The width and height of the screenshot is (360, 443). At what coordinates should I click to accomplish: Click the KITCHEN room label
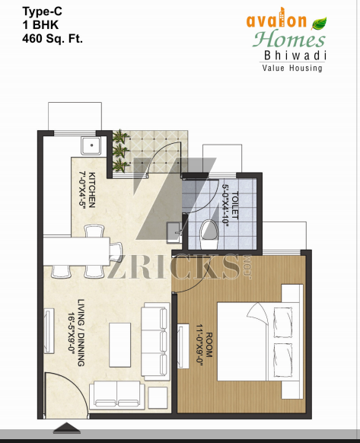pyautogui.click(x=92, y=190)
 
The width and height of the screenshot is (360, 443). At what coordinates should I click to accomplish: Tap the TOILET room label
pyautogui.click(x=234, y=206)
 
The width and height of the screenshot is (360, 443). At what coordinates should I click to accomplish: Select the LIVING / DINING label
pyautogui.click(x=81, y=333)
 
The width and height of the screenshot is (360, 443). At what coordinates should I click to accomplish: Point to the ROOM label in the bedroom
pyautogui.click(x=209, y=345)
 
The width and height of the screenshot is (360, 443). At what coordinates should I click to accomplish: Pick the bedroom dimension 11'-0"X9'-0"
pyautogui.click(x=199, y=345)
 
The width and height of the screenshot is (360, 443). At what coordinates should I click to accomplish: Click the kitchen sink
pyautogui.click(x=91, y=146)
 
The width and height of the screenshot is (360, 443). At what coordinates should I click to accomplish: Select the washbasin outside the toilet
pyautogui.click(x=174, y=232)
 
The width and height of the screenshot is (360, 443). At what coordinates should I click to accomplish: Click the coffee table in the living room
pyautogui.click(x=120, y=345)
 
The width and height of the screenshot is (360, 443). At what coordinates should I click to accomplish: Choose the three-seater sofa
pyautogui.click(x=156, y=342)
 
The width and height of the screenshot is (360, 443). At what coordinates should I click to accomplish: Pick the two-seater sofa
pyautogui.click(x=117, y=395)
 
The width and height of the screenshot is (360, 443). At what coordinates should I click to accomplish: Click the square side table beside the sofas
pyautogui.click(x=158, y=397)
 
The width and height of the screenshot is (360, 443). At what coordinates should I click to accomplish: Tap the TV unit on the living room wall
pyautogui.click(x=49, y=331)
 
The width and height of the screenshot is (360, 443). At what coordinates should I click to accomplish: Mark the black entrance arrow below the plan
pyautogui.click(x=67, y=428)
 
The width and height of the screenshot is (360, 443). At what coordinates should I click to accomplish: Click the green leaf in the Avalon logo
pyautogui.click(x=319, y=23)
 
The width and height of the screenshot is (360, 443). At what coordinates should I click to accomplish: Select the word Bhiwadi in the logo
pyautogui.click(x=295, y=56)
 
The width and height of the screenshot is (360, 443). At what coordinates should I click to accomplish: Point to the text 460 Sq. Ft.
pyautogui.click(x=53, y=38)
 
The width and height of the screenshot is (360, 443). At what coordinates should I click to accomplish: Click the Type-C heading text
pyautogui.click(x=42, y=11)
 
